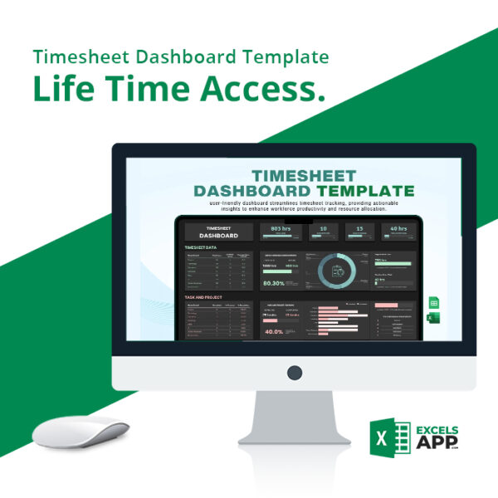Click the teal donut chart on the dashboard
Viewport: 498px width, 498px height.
coord(336,271)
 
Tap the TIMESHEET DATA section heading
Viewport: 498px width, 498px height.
coord(202,247)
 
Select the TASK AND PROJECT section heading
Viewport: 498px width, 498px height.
coord(203,295)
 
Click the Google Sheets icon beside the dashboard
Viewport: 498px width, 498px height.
coord(432,305)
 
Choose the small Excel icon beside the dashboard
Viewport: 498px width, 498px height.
coord(432,319)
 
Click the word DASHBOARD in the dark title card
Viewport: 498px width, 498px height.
coord(218,235)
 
